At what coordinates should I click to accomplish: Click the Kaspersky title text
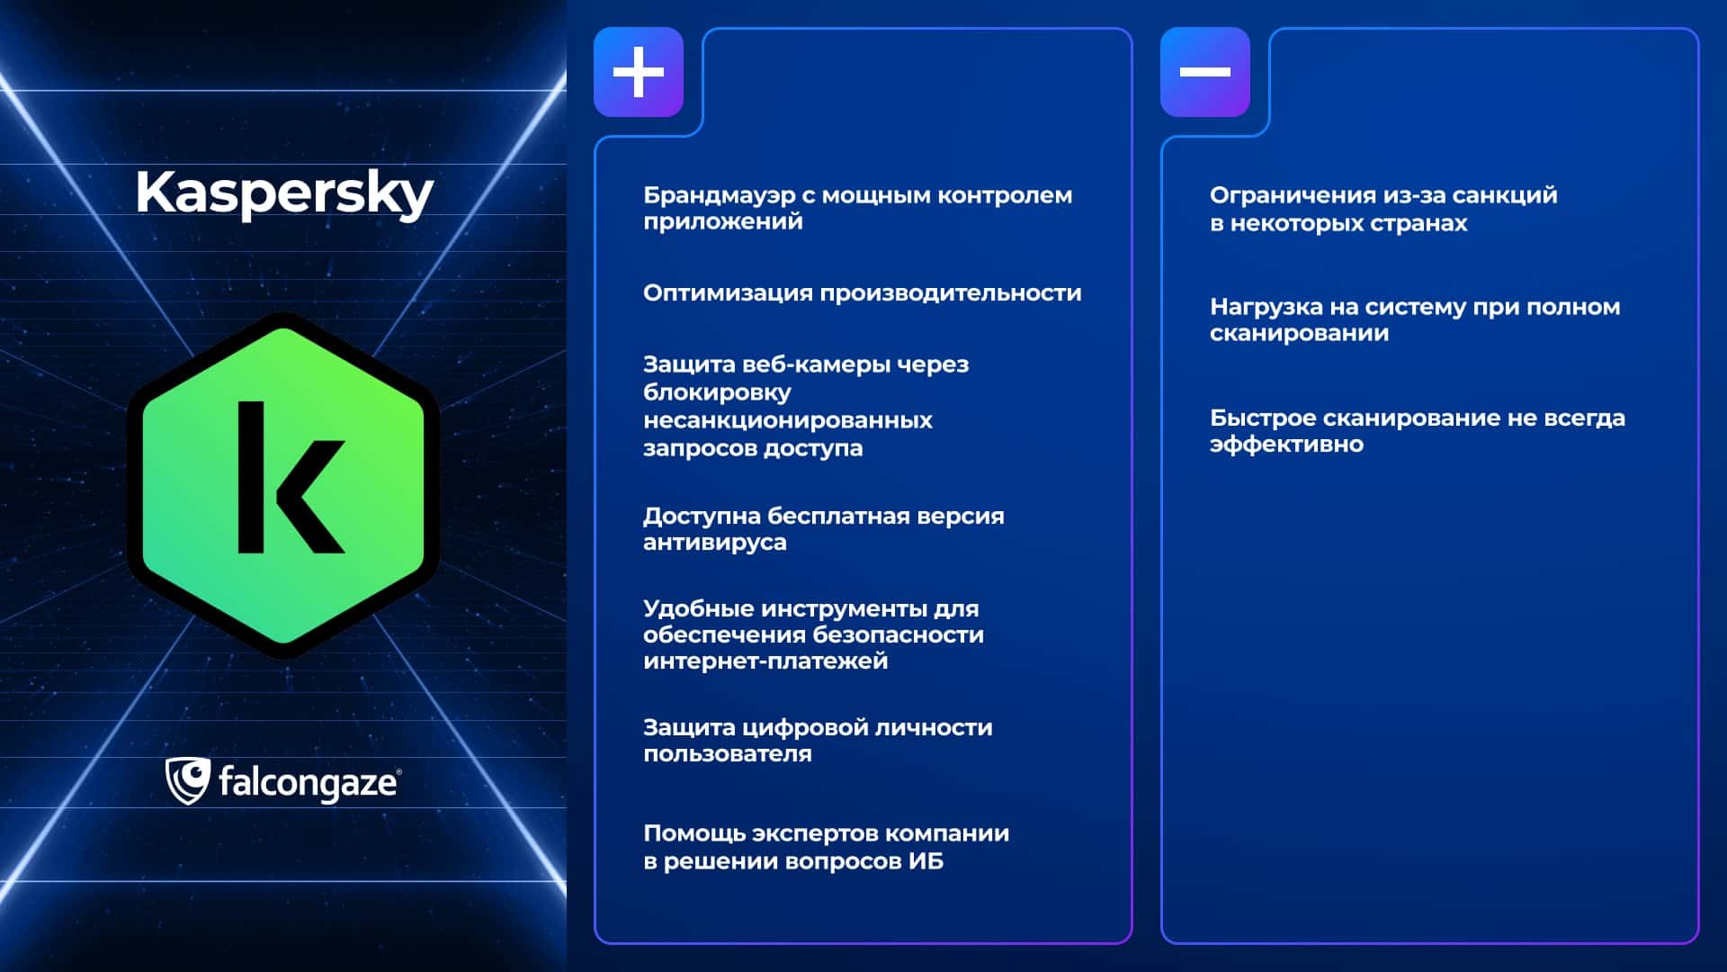tap(284, 193)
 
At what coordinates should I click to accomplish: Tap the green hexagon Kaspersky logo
tap(283, 486)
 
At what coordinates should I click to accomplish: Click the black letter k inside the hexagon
tap(291, 477)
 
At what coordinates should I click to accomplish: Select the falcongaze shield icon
tap(187, 781)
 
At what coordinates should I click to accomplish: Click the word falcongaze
tap(307, 783)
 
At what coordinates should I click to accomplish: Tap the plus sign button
tap(639, 72)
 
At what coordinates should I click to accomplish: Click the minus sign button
tap(1205, 72)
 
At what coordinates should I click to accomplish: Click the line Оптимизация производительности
tap(862, 293)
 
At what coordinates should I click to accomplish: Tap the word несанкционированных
tap(788, 420)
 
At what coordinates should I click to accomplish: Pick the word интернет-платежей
tap(765, 661)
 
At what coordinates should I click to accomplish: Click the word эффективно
tap(1286, 445)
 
